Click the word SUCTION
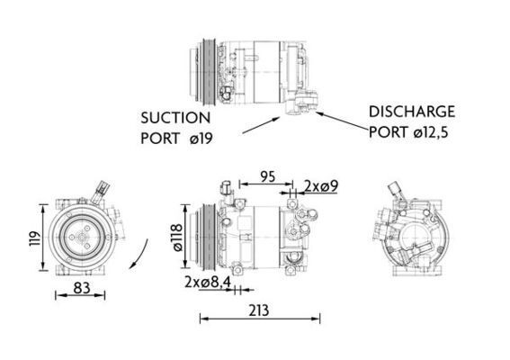[x=174, y=118]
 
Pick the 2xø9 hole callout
[x=320, y=186]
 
